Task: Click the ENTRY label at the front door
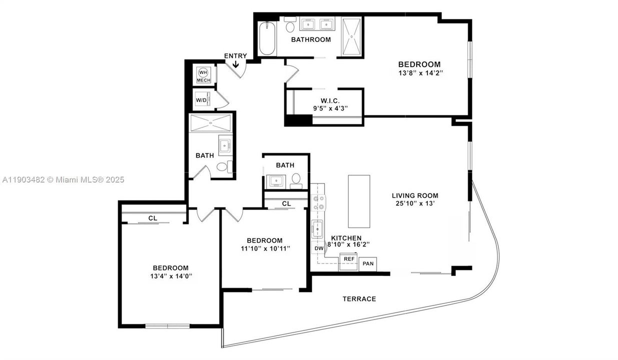[x=235, y=55]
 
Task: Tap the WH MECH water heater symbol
[x=203, y=75]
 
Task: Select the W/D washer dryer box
[x=201, y=100]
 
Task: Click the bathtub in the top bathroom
[x=267, y=39]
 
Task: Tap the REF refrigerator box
[x=348, y=259]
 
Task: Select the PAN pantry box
[x=368, y=263]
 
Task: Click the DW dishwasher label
[x=318, y=248]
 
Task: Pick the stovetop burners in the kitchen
[x=318, y=202]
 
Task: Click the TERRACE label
[x=359, y=299]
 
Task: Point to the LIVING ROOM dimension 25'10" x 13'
[x=415, y=203]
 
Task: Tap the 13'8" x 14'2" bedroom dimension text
[x=419, y=73]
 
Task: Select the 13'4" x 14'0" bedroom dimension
[x=170, y=276]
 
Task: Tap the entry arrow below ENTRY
[x=236, y=63]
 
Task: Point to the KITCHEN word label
[x=346, y=238]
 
